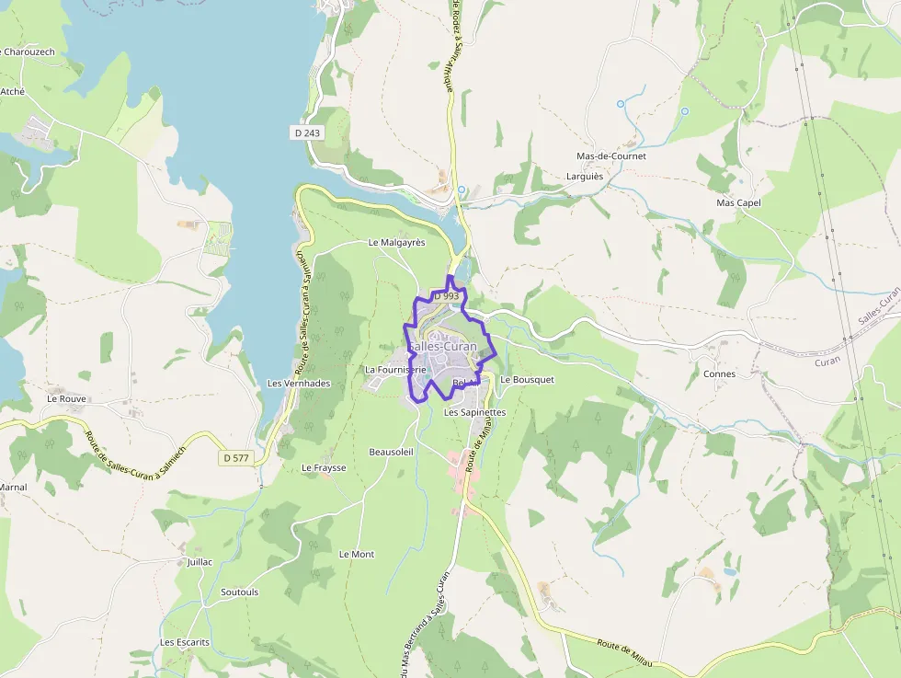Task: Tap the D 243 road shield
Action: [308, 133]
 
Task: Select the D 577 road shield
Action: [236, 457]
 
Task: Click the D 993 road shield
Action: [446, 296]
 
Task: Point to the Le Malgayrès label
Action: [396, 243]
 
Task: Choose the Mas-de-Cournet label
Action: [610, 156]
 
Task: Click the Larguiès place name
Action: [585, 176]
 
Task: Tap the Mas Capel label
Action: [738, 202]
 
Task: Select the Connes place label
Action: [719, 374]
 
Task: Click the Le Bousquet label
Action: [527, 379]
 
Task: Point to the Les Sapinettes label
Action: [474, 413]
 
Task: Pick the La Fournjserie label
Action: [395, 370]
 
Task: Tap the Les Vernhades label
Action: [298, 383]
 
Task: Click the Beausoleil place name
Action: [392, 452]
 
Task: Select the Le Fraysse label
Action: [324, 467]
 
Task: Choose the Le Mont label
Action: [357, 554]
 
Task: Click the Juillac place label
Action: [200, 561]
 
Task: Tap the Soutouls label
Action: [240, 592]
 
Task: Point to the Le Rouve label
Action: [66, 398]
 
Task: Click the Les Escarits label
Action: [185, 642]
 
